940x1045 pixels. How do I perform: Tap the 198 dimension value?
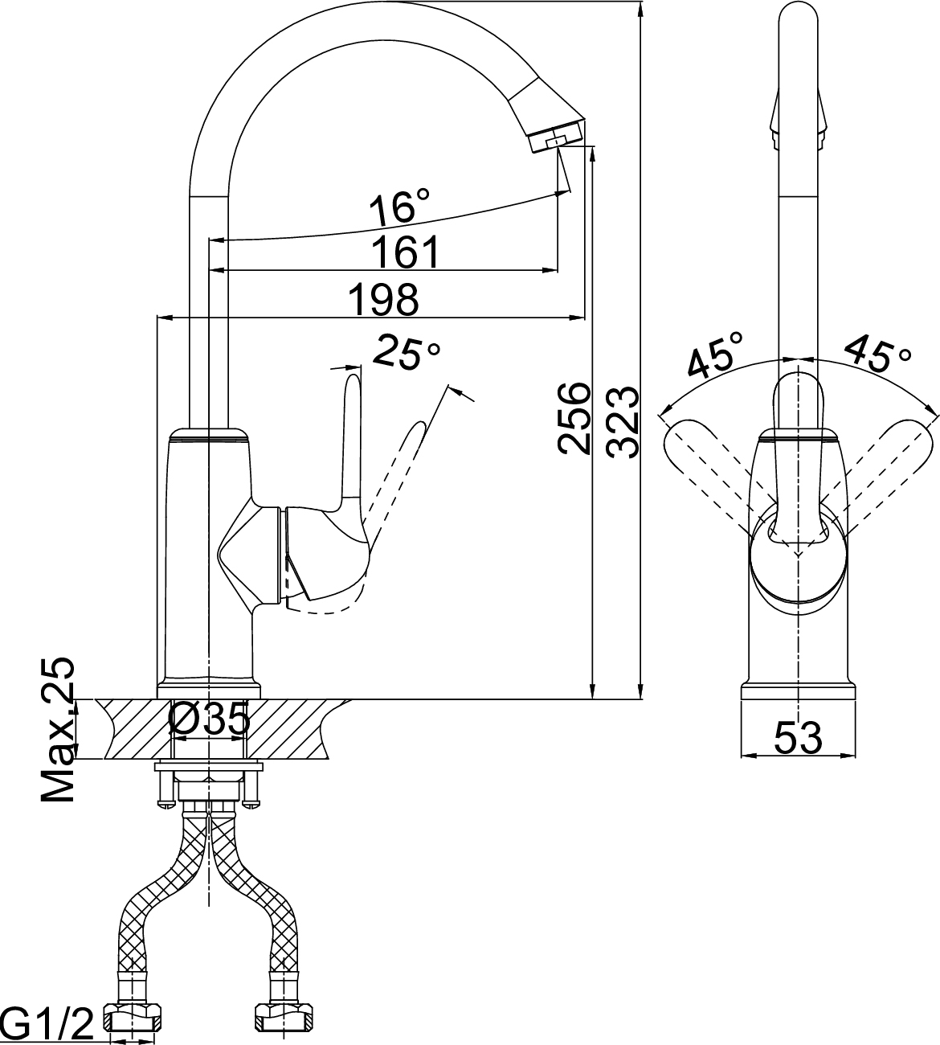tap(383, 299)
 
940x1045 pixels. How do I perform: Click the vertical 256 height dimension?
tap(574, 418)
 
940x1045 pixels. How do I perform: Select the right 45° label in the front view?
tap(877, 354)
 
